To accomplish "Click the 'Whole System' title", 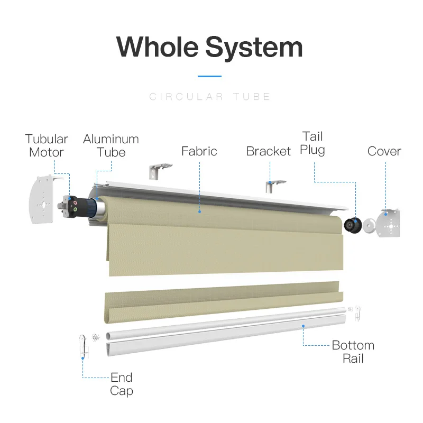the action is (x=209, y=48).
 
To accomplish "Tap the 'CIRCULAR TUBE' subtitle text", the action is (x=209, y=97).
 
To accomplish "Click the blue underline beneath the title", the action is (x=209, y=76).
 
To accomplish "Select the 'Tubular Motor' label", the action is (x=47, y=146).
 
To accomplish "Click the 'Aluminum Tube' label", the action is (x=111, y=146).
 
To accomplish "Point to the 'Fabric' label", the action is (x=199, y=151).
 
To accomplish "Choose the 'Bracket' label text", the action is (x=269, y=151).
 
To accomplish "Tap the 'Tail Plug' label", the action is (x=312, y=143).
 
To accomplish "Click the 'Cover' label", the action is (x=384, y=151).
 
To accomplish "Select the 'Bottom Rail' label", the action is (x=353, y=352).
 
